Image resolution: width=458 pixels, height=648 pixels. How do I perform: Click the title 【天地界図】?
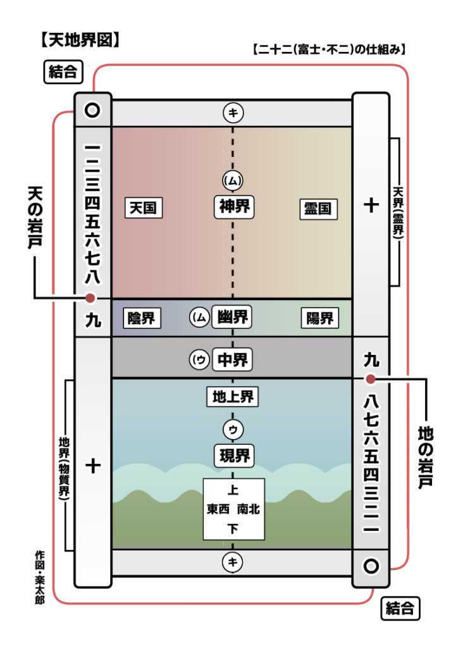pyautogui.click(x=80, y=40)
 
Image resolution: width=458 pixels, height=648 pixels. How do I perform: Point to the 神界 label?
pyautogui.click(x=233, y=207)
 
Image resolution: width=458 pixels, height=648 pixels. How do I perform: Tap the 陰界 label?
pyautogui.click(x=141, y=318)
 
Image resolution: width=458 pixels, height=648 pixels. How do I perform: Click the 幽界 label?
pyautogui.click(x=233, y=317)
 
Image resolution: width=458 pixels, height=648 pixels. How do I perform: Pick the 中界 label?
pyautogui.click(x=233, y=360)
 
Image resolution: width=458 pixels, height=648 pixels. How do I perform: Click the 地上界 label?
pyautogui.click(x=233, y=397)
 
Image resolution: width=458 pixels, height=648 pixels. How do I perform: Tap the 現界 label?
pyautogui.click(x=233, y=455)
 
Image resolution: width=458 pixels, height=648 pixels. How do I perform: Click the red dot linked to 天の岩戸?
pyautogui.click(x=90, y=298)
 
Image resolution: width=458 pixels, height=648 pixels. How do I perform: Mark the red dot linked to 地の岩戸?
pyautogui.click(x=371, y=378)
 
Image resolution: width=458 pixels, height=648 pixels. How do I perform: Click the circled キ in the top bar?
pyautogui.click(x=233, y=113)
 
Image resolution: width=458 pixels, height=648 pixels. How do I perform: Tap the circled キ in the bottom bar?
pyautogui.click(x=233, y=561)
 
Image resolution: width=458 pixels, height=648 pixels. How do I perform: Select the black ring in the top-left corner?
pyautogui.click(x=93, y=111)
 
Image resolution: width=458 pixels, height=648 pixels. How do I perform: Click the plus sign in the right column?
pyautogui.click(x=371, y=205)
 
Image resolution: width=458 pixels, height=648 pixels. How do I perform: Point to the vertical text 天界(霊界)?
pyautogui.click(x=397, y=212)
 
